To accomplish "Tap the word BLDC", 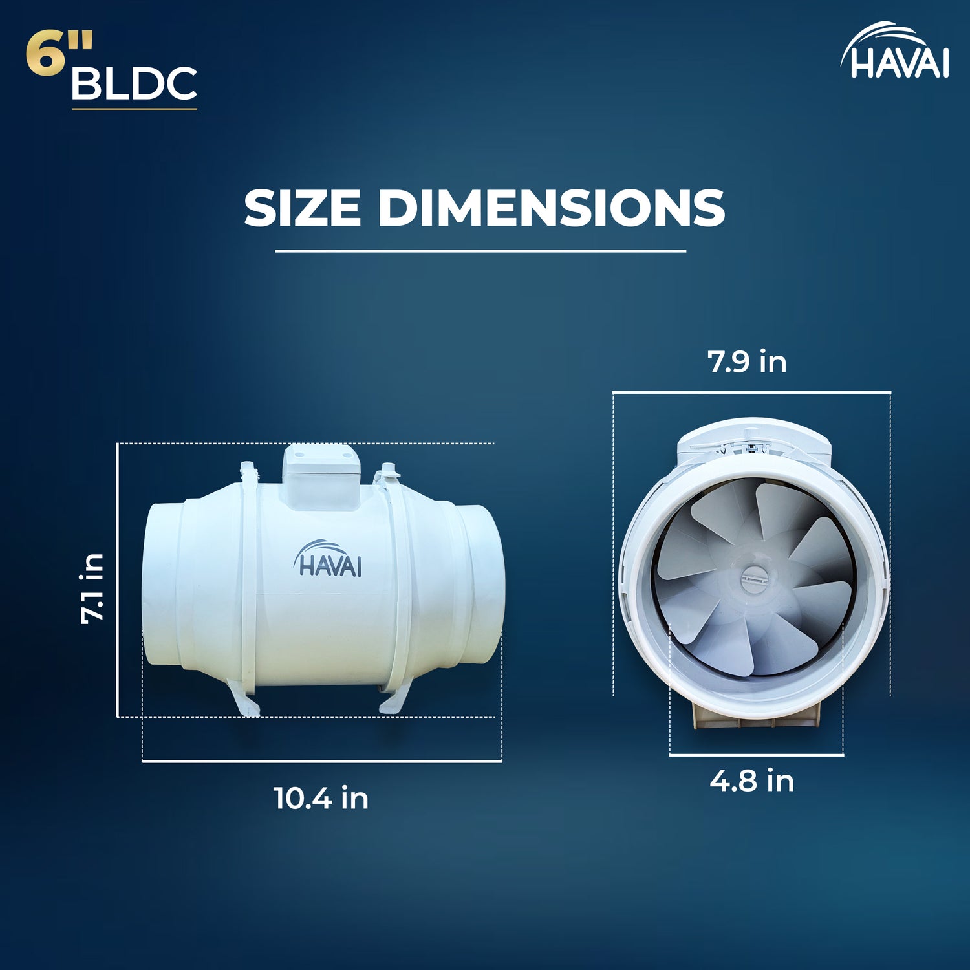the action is click(x=134, y=83).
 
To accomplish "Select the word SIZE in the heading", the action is click(x=302, y=208).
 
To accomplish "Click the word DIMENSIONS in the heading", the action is click(x=551, y=208).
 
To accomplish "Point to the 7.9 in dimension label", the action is click(x=747, y=361).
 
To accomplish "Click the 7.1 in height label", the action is click(x=92, y=589).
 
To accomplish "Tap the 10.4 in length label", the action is click(x=321, y=798).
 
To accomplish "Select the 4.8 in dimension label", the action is click(x=751, y=781).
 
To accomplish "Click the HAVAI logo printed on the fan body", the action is click(x=328, y=559).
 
